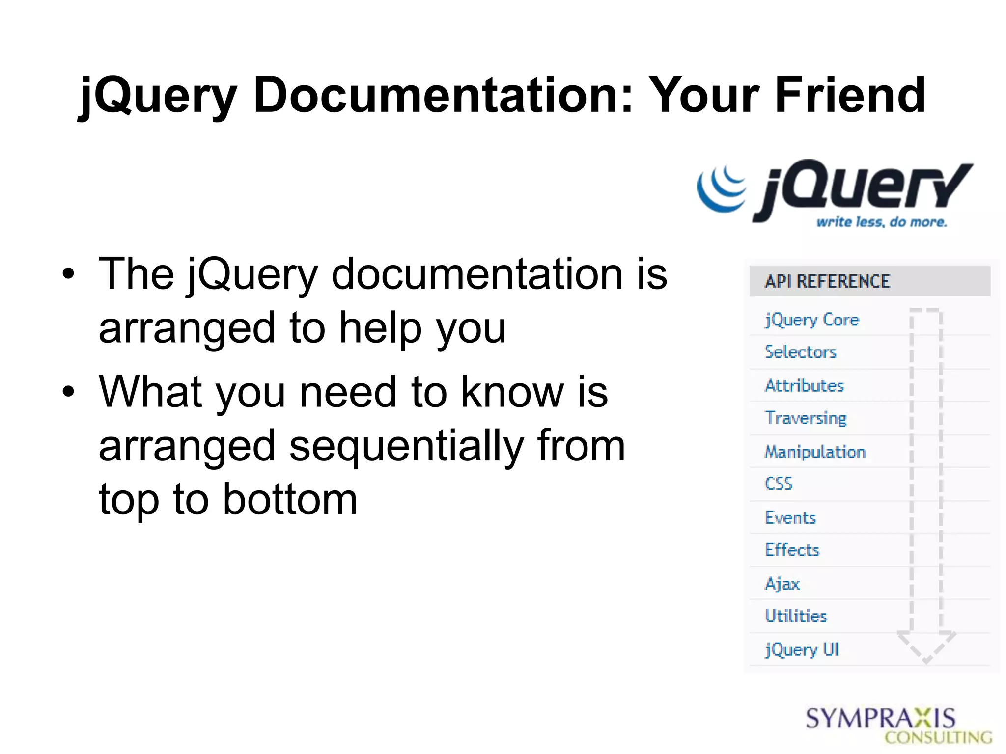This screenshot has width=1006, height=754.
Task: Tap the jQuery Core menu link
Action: click(x=811, y=320)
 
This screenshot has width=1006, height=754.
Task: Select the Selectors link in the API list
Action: click(x=800, y=352)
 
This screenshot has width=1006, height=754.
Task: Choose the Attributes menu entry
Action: click(x=804, y=386)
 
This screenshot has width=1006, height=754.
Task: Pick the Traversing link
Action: click(x=806, y=418)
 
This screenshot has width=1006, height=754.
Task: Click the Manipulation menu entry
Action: click(x=815, y=452)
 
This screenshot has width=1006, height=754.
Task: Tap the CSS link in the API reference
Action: click(x=779, y=484)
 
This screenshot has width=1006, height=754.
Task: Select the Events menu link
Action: click(x=790, y=518)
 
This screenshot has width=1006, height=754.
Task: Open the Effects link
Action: click(x=792, y=550)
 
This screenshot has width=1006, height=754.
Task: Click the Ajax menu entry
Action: click(x=782, y=584)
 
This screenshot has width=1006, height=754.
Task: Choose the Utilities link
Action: click(x=796, y=616)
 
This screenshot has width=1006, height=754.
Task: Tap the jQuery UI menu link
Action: click(x=802, y=650)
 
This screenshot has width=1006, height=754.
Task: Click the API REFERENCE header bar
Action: click(x=869, y=281)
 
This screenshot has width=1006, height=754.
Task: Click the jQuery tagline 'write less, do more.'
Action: click(x=881, y=222)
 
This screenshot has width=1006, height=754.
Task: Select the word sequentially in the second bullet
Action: click(x=406, y=447)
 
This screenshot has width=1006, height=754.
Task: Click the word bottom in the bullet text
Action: click(x=290, y=500)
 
